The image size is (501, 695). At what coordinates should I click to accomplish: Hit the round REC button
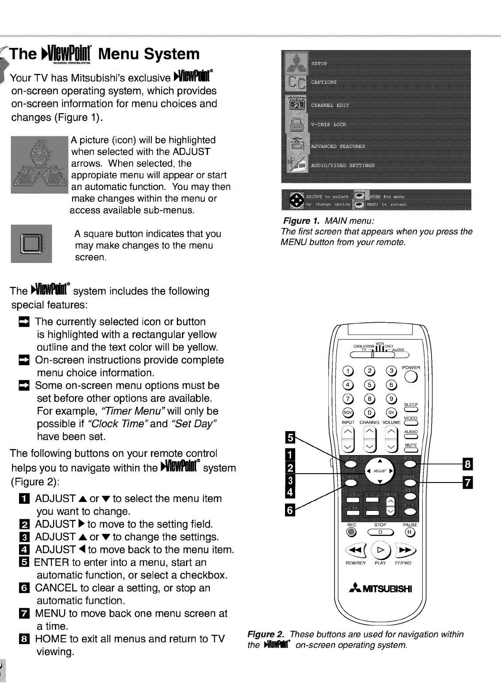tap(351, 532)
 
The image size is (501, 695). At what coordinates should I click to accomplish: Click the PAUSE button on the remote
tap(410, 532)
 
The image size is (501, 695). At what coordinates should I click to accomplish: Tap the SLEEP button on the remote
tap(411, 410)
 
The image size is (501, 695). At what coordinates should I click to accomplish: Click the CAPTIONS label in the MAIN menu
tap(324, 82)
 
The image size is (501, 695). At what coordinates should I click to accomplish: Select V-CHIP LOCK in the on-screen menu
tap(328, 124)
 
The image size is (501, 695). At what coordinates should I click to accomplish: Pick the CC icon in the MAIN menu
tap(294, 82)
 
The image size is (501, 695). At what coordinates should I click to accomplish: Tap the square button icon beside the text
tap(31, 243)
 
